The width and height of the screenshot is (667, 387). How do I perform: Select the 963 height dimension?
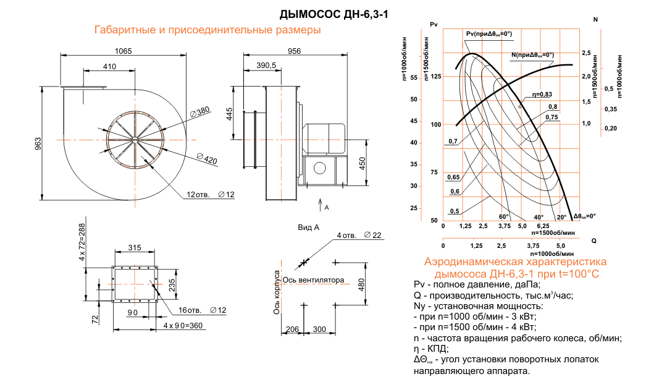(x=37, y=143)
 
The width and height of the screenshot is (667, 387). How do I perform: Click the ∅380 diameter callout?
(x=200, y=111)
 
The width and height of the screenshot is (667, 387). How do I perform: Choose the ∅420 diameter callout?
(x=207, y=160)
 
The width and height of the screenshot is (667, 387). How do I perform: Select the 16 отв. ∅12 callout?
(x=202, y=309)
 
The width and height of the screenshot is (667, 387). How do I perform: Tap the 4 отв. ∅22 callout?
(x=360, y=236)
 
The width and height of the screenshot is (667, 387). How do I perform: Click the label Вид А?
(x=309, y=228)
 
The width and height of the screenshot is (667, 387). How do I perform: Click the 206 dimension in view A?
(x=293, y=330)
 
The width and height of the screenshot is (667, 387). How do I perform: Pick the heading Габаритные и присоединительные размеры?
(x=207, y=30)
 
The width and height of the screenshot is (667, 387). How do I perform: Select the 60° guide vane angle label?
(x=503, y=217)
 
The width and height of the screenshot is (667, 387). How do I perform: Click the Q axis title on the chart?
(x=593, y=239)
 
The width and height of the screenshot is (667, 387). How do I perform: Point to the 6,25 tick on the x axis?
(x=543, y=226)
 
